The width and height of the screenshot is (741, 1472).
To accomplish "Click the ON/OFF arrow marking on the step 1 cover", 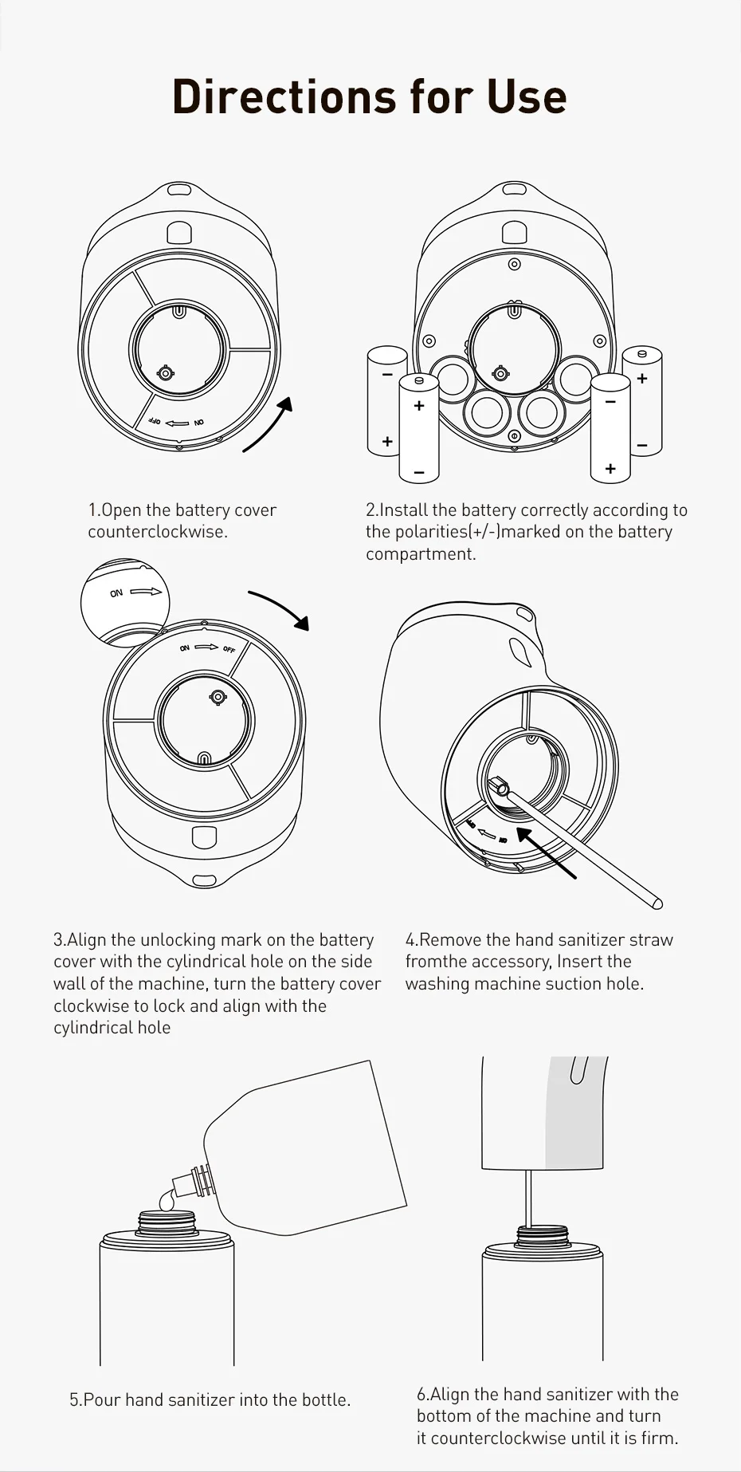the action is pos(178,423).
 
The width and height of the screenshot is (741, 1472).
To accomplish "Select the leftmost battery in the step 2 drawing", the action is pos(387,400).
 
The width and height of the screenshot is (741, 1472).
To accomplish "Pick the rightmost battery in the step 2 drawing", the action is pos(642,400).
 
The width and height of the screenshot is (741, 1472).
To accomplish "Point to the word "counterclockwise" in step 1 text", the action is pos(157,532).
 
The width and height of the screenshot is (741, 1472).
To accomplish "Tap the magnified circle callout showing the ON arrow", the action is pos(126,602).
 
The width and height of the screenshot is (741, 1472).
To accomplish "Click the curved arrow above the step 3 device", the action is pos(280,609).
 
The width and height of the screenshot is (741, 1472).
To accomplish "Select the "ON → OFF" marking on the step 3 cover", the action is pos(207,647).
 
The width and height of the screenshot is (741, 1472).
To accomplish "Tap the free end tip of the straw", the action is pos(657,903).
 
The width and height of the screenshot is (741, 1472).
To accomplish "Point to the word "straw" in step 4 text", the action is pos(651,940).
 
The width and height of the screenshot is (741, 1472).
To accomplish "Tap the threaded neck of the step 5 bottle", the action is pos(167,1222).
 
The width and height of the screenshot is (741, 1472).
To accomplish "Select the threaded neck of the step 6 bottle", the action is pos(542,1237).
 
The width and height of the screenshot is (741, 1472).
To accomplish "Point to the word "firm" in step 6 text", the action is pos(657,1439).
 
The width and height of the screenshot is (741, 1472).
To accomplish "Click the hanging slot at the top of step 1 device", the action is pos(178,191).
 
